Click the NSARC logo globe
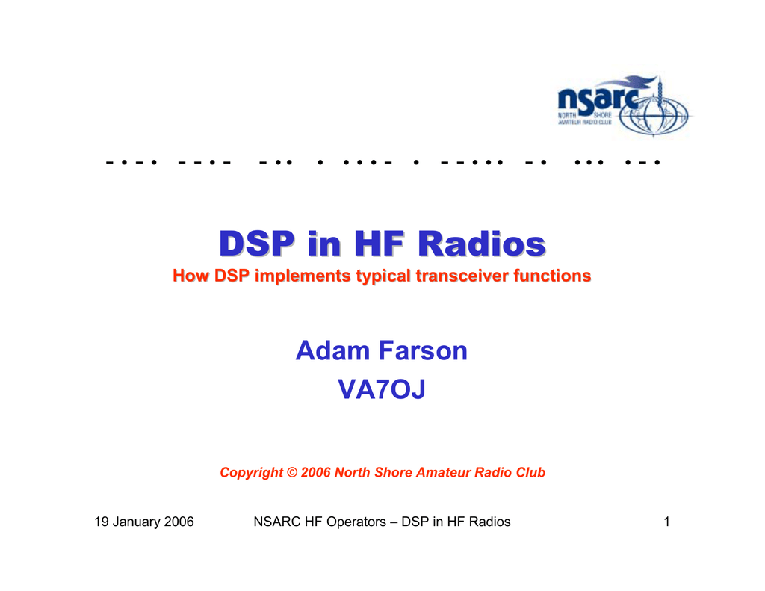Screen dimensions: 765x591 coord(654,115)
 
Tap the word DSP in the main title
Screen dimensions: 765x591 coord(257,243)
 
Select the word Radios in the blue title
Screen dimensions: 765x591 coord(482,243)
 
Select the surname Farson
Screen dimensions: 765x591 coord(423,350)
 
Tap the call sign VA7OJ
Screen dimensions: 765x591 coord(382,389)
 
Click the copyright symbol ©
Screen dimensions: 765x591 coord(292,472)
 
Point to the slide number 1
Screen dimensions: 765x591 coord(666,522)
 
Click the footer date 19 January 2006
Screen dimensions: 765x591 coord(144,522)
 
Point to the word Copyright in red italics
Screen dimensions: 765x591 coord(251,473)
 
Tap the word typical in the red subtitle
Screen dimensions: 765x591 coord(383,276)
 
